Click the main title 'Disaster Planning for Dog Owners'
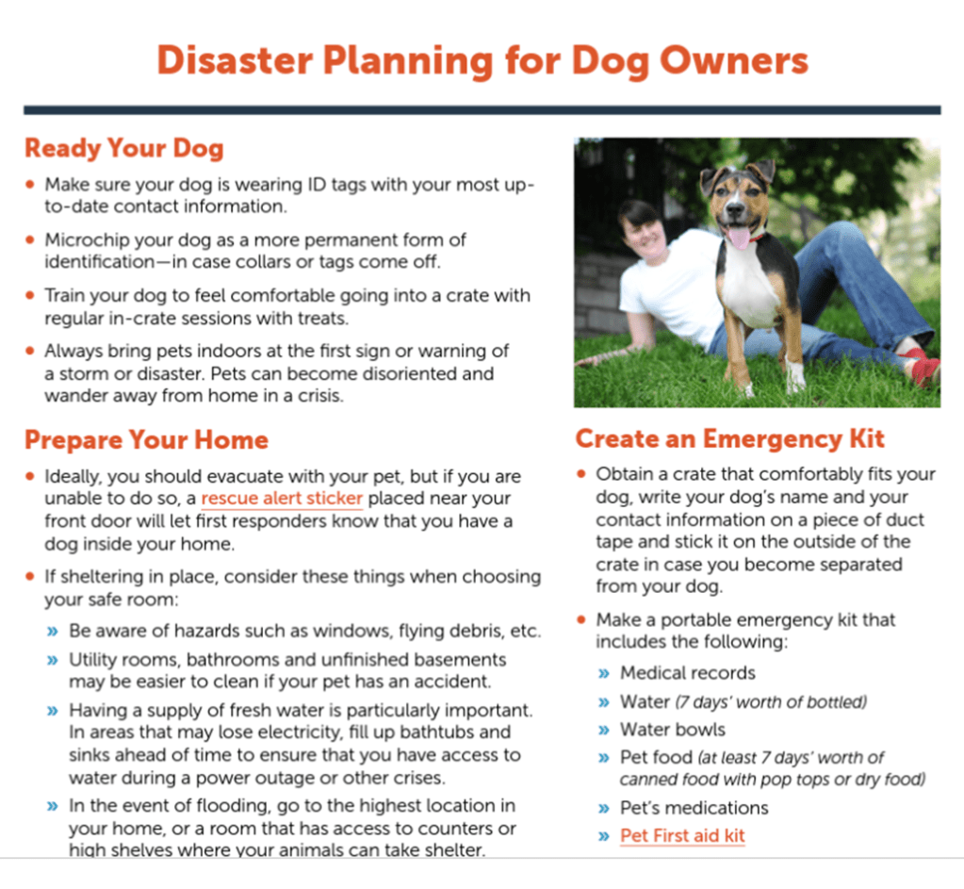[482, 61]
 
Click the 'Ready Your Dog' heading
[124, 149]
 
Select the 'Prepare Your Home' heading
[146, 440]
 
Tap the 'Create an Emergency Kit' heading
[729, 439]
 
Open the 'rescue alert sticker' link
[282, 499]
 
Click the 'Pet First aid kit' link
[682, 835]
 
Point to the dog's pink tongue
[739, 237]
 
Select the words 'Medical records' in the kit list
[687, 672]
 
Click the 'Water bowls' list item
[673, 730]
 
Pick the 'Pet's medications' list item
[694, 808]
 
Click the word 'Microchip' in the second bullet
[87, 240]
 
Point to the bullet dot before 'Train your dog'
[30, 295]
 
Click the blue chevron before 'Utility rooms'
[53, 661]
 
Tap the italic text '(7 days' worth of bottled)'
[771, 702]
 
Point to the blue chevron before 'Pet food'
[604, 758]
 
